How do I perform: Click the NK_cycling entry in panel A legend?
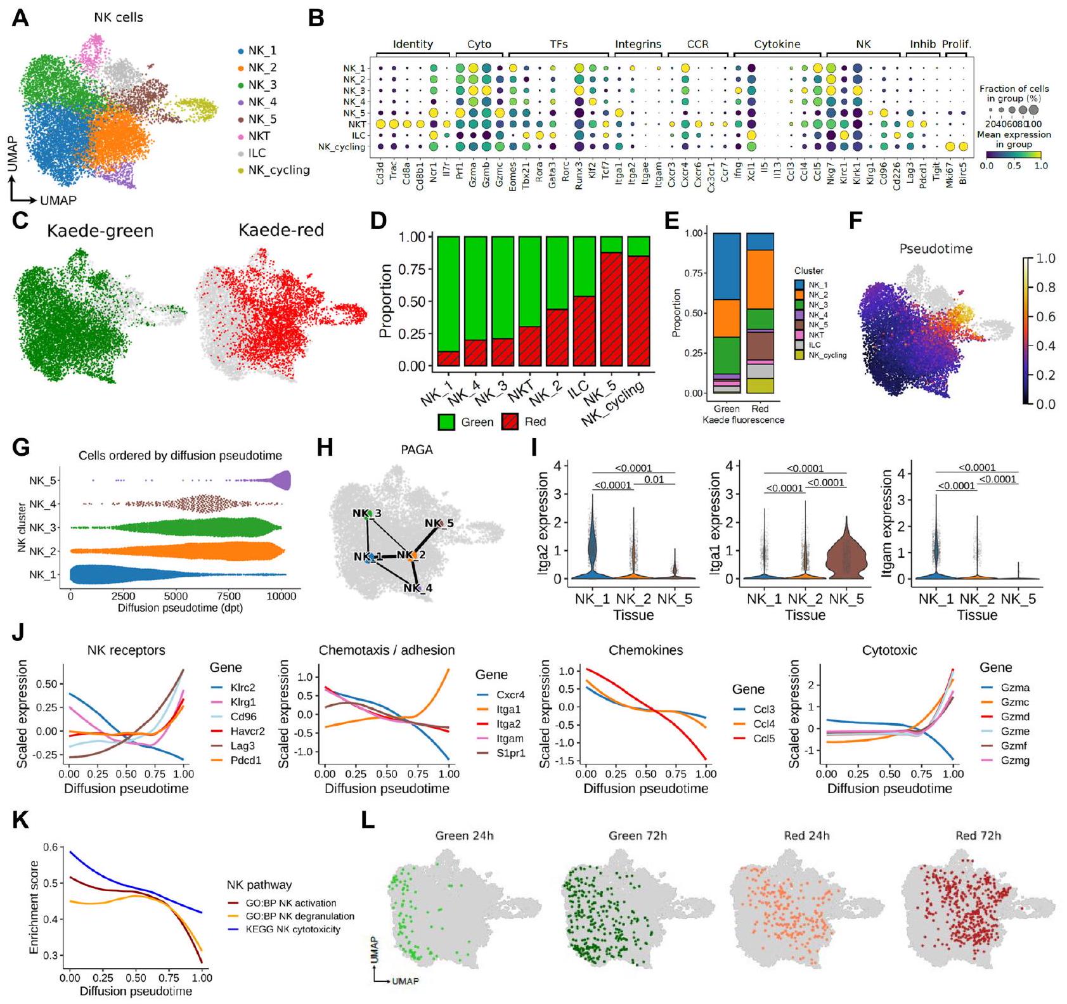278,170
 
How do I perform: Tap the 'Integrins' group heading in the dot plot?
638,44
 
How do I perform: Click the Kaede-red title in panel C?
281,230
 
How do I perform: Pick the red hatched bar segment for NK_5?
611,309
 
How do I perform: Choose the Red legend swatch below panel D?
510,422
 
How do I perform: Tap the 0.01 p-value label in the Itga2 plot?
654,480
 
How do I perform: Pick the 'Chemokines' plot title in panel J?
645,650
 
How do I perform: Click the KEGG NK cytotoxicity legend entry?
293,929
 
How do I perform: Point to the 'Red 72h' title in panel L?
978,835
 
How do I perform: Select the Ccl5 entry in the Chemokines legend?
763,738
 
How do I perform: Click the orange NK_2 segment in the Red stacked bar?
760,280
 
